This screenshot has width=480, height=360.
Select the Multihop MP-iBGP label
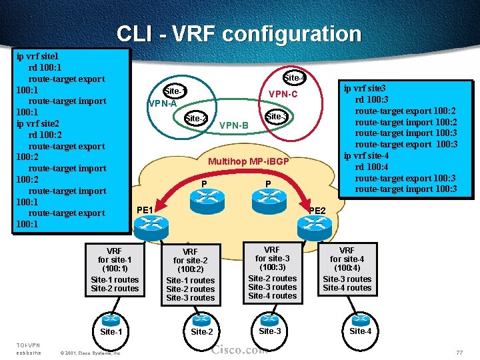click(249, 161)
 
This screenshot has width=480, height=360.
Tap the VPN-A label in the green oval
click(163, 103)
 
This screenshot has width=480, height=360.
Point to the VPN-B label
click(233, 125)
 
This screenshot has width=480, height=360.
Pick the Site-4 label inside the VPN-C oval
click(295, 78)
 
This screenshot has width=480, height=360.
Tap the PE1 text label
click(145, 210)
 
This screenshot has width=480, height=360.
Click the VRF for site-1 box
click(115, 270)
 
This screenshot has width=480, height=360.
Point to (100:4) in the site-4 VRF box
click(347, 267)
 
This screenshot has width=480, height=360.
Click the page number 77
click(459, 351)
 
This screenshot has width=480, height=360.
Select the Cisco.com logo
click(240, 349)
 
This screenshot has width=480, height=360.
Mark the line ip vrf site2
click(38, 123)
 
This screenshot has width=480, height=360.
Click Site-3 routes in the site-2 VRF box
click(190, 297)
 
